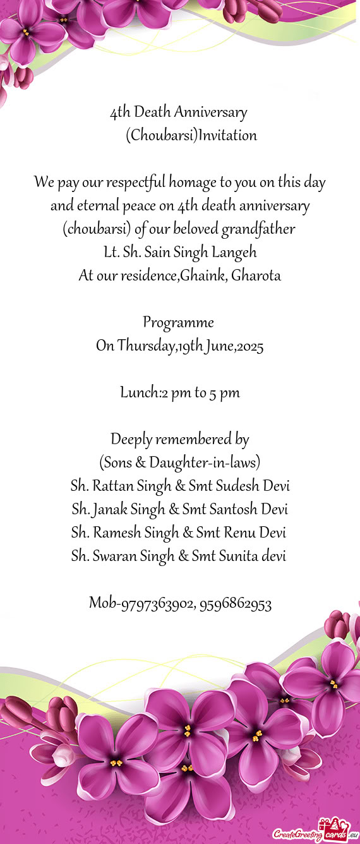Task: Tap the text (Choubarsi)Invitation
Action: (191, 135)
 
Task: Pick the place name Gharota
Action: (256, 275)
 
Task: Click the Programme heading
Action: (179, 323)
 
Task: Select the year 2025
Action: (249, 346)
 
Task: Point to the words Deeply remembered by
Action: (179, 439)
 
